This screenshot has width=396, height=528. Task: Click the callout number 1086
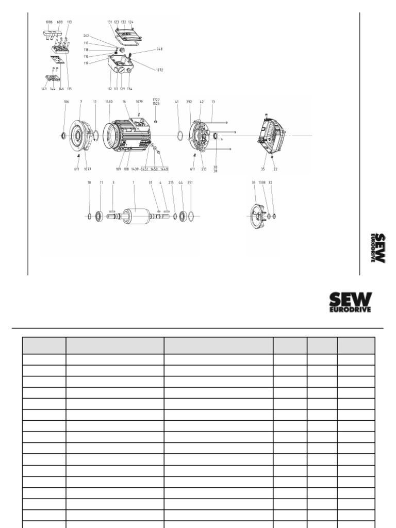[49, 22]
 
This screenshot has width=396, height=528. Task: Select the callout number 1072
[160, 70]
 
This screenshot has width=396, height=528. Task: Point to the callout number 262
[87, 36]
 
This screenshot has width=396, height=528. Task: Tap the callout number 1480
[109, 102]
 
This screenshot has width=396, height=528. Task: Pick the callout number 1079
[139, 102]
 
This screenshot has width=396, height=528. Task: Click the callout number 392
[190, 102]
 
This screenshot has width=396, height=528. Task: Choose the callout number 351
[190, 183]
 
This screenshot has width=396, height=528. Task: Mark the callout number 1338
[262, 183]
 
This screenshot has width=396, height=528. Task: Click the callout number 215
[171, 183]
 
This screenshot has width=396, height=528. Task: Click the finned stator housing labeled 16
[126, 135]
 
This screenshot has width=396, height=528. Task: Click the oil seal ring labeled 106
[64, 135]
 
